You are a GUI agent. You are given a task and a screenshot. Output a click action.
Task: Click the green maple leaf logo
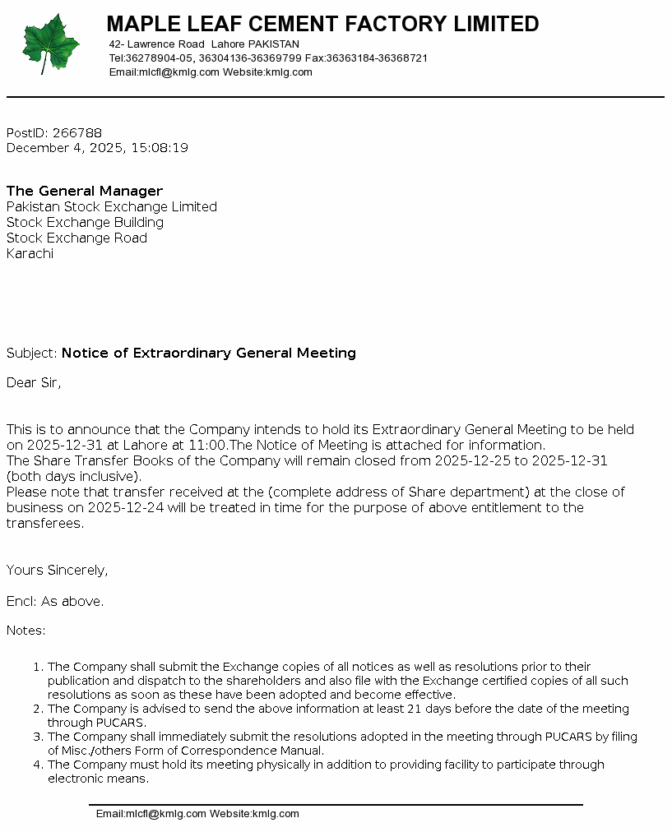click(x=51, y=44)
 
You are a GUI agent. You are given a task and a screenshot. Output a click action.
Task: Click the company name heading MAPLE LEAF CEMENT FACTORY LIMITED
click(x=322, y=24)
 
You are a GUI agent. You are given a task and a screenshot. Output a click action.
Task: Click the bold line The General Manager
click(x=85, y=191)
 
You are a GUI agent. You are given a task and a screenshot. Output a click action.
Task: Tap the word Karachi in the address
click(x=30, y=253)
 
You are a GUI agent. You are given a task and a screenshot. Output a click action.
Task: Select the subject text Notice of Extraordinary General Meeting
click(x=209, y=353)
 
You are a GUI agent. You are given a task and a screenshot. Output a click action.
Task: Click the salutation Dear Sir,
click(x=34, y=382)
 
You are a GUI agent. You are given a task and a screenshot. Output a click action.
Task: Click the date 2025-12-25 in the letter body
click(x=471, y=460)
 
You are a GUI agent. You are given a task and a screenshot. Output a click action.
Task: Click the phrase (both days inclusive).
click(x=74, y=476)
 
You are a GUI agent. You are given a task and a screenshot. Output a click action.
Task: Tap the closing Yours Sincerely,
click(x=58, y=570)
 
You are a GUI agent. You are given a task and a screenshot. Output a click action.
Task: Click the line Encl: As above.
click(x=55, y=601)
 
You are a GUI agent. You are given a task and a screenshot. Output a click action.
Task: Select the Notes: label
click(x=26, y=631)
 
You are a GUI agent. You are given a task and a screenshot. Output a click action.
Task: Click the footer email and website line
click(x=197, y=814)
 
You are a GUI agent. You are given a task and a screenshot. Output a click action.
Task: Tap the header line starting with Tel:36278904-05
click(x=268, y=58)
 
